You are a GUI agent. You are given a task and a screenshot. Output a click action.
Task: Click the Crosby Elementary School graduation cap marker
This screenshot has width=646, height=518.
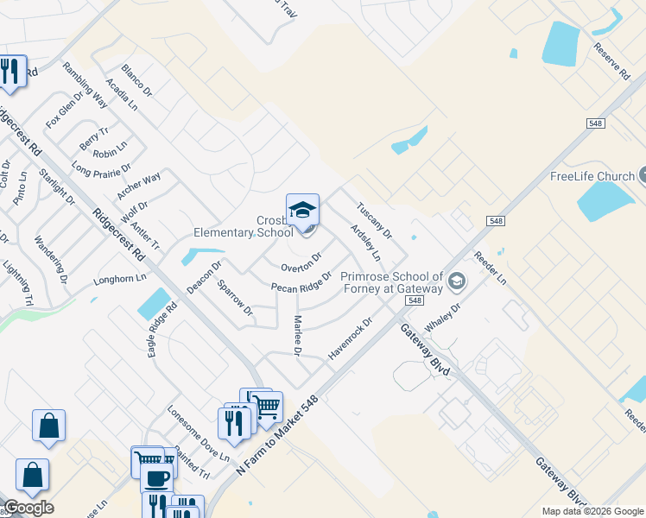click(x=302, y=211)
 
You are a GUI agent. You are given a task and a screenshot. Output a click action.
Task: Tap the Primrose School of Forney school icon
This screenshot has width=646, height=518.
click(x=456, y=281)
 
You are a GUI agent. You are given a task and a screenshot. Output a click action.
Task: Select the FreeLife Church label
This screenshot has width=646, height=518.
click(x=592, y=177)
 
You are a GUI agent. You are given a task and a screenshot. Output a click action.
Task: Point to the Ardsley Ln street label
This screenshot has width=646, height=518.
click(x=365, y=243)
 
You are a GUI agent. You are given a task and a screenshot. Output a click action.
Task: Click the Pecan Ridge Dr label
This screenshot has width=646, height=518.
click(x=301, y=281)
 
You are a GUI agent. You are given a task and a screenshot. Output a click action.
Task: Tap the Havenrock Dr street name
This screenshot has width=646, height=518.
click(x=350, y=339)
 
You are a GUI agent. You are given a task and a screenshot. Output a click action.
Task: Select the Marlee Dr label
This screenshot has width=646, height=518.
click(x=295, y=336)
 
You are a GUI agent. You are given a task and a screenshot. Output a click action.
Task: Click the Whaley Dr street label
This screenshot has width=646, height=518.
click(x=445, y=312)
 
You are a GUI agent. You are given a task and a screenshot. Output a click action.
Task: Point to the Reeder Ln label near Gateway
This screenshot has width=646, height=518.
click(x=490, y=270)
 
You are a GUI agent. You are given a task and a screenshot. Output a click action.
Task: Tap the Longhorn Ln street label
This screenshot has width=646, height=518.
click(x=120, y=280)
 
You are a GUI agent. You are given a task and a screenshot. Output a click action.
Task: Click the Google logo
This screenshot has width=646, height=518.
click(x=28, y=508)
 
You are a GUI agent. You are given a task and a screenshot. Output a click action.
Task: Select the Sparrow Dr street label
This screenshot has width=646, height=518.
click(x=235, y=297)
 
